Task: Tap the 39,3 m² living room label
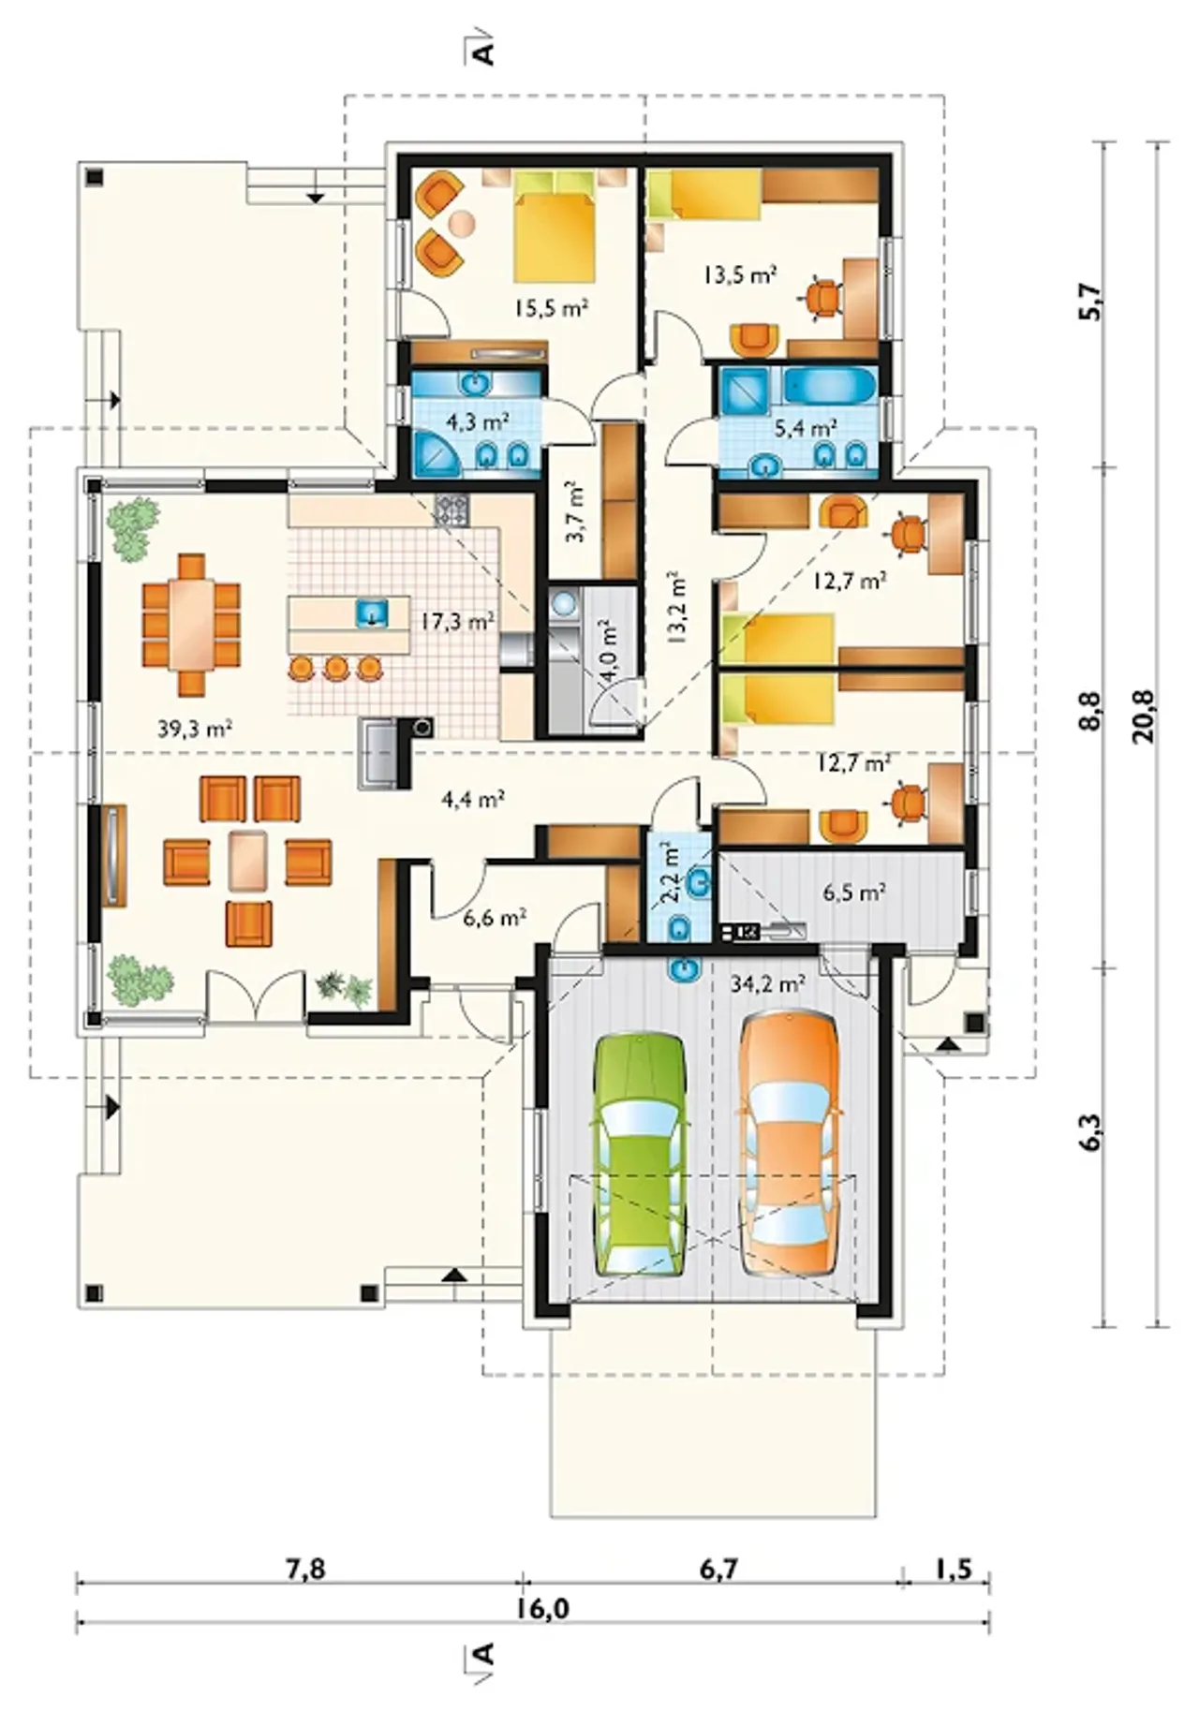point(195,729)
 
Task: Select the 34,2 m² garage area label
point(767,982)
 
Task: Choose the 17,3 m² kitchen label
point(457,620)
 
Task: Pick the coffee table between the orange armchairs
point(248,859)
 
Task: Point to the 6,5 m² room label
point(854,892)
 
